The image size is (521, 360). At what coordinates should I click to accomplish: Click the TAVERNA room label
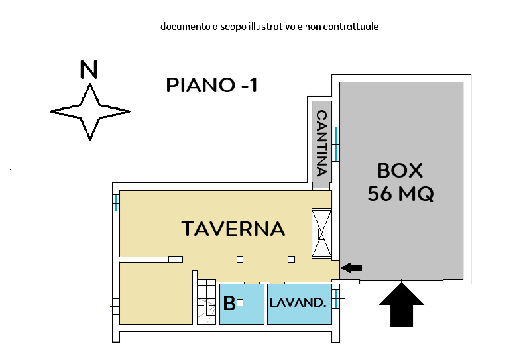click(233, 229)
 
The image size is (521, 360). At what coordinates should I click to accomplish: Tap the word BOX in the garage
click(400, 170)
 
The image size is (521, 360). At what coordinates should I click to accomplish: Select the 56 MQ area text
click(400, 194)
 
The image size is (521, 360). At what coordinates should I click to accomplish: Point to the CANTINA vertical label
click(321, 142)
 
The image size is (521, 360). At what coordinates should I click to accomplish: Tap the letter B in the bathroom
click(229, 304)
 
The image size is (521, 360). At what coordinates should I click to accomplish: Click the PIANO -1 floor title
click(211, 85)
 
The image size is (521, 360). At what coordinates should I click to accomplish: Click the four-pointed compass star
click(89, 111)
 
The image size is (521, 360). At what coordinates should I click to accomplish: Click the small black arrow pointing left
click(352, 268)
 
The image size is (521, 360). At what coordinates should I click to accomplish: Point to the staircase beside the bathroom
click(207, 302)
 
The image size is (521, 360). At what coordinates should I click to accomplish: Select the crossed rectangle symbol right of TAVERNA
click(322, 233)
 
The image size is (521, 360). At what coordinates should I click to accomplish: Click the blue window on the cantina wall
click(336, 144)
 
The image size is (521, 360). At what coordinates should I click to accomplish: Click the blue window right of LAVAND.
click(336, 299)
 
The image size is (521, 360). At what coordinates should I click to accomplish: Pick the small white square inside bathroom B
click(241, 302)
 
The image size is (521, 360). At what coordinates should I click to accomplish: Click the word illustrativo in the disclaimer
click(272, 27)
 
